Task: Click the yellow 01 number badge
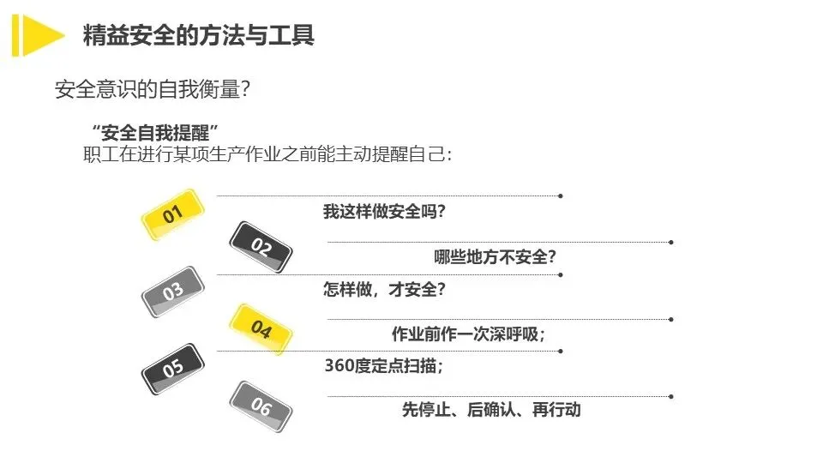click(172, 214)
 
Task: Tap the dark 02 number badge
click(261, 248)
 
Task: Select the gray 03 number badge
click(172, 292)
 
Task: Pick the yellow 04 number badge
click(261, 329)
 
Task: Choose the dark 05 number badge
click(172, 369)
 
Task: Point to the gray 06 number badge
click(261, 406)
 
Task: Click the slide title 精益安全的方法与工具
click(198, 35)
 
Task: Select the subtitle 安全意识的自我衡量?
click(152, 89)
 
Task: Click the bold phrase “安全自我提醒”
click(155, 133)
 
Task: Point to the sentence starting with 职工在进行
click(267, 154)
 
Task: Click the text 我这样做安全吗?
click(383, 212)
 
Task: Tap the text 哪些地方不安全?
click(496, 256)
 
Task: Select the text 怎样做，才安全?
click(383, 290)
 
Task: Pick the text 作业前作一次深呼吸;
click(468, 333)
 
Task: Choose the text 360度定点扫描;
click(383, 366)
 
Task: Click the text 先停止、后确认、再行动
click(491, 410)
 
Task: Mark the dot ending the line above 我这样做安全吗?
click(560, 196)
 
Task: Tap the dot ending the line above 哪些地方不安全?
click(670, 243)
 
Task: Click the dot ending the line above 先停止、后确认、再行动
click(670, 396)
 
